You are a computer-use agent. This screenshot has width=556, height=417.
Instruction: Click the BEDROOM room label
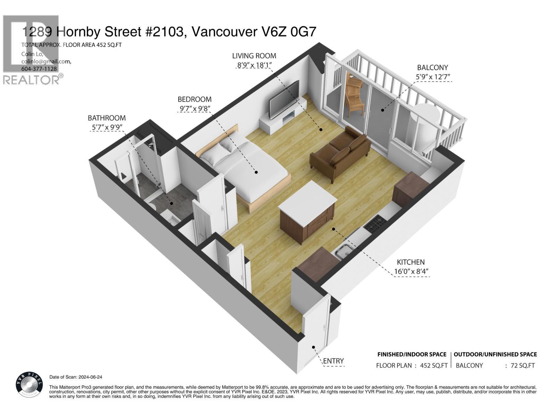pos(195,99)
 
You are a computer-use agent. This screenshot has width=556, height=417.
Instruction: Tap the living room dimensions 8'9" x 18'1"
pos(254,65)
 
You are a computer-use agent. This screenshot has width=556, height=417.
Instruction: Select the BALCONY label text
pos(432,67)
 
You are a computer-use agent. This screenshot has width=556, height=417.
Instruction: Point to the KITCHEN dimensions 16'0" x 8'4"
pos(411,271)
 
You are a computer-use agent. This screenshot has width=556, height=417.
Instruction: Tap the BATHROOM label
pos(107,118)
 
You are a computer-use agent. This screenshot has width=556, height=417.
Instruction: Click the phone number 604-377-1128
pos(39,68)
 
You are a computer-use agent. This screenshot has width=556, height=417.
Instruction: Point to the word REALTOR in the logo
pos(31,80)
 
